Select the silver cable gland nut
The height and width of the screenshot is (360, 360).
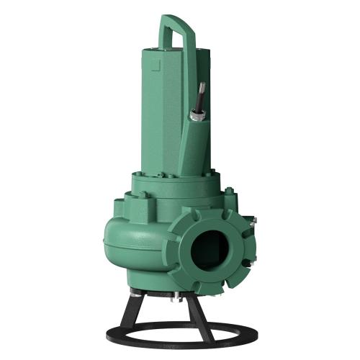click(197, 113)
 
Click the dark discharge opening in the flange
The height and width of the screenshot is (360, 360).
click(210, 249)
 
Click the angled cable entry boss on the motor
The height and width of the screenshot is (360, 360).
click(193, 144)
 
